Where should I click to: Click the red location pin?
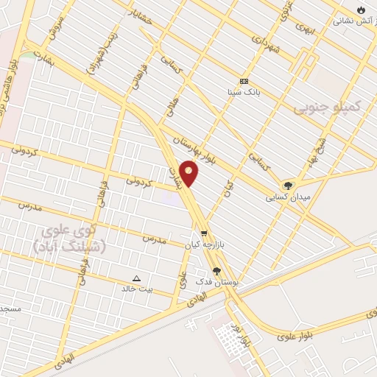point(189,174)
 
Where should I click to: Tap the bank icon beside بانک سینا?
point(244,81)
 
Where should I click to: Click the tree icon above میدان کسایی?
point(287,186)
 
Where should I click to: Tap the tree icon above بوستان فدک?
point(216,270)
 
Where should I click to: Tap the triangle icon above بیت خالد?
point(136,278)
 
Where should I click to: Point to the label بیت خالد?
point(137,289)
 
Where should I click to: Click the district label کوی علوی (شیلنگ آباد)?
point(70,241)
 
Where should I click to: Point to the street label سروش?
point(55,27)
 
